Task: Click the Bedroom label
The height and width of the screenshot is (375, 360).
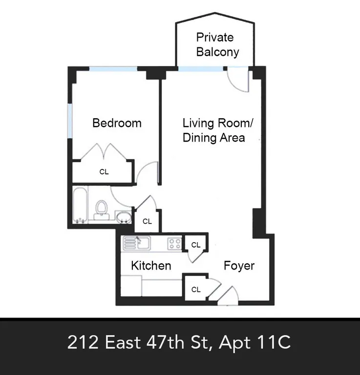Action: (117, 123)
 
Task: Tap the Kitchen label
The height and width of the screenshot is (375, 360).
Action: (151, 266)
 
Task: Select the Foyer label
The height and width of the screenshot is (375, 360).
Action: (239, 266)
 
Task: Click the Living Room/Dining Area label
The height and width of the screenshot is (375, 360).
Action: (213, 130)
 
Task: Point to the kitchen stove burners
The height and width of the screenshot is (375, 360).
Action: (175, 243)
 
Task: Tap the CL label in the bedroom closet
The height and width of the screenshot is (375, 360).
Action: (104, 172)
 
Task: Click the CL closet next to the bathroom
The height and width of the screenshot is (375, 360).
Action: (147, 221)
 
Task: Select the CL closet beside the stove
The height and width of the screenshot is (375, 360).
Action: (195, 245)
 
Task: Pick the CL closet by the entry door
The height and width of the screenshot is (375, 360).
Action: (195, 290)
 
